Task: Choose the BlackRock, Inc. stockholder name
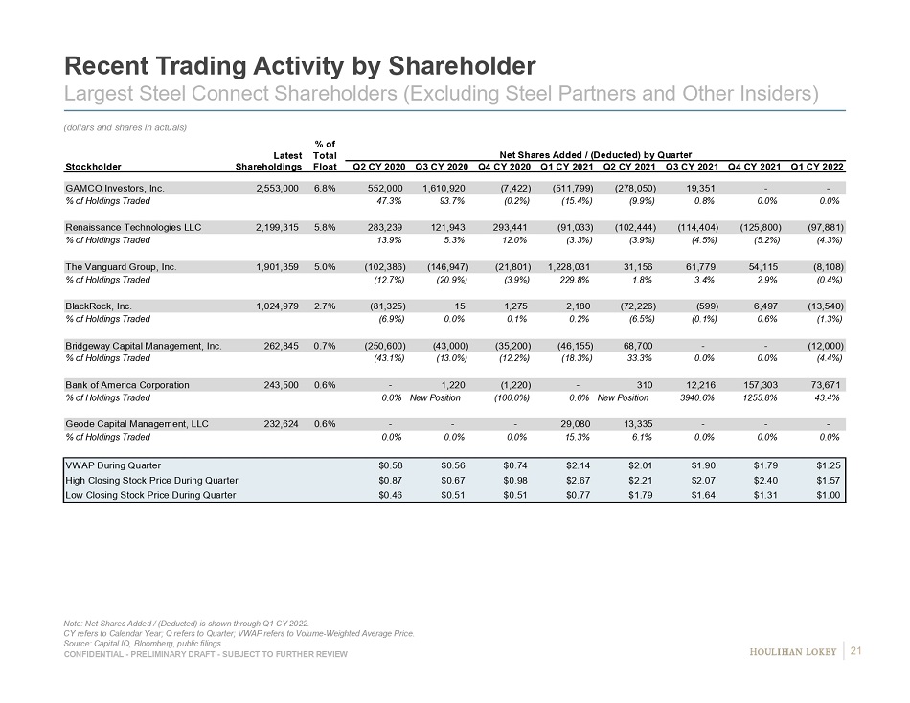(98, 306)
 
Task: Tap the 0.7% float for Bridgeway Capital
(325, 345)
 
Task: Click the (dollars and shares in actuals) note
(124, 127)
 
